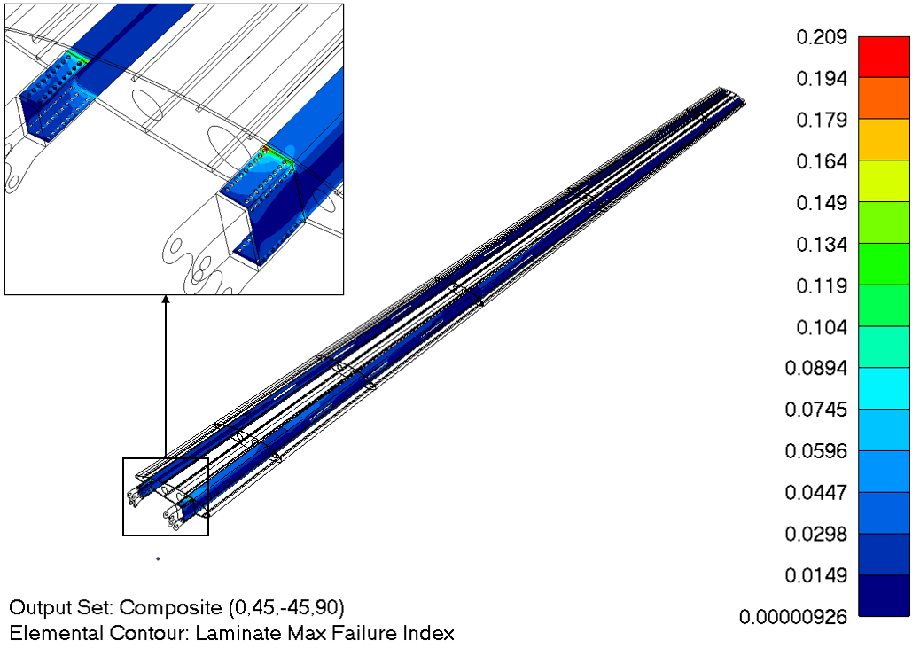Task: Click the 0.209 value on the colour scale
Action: coord(822,37)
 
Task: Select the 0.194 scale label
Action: coord(822,78)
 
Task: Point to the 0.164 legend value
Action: coord(822,160)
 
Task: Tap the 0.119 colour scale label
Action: coord(822,285)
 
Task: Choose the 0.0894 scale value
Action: coord(816,368)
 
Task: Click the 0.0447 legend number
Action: coord(816,493)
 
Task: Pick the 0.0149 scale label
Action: coord(816,575)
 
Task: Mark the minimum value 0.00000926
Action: coord(793,617)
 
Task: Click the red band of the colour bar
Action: coord(884,57)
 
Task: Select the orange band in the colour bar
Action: coord(884,98)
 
